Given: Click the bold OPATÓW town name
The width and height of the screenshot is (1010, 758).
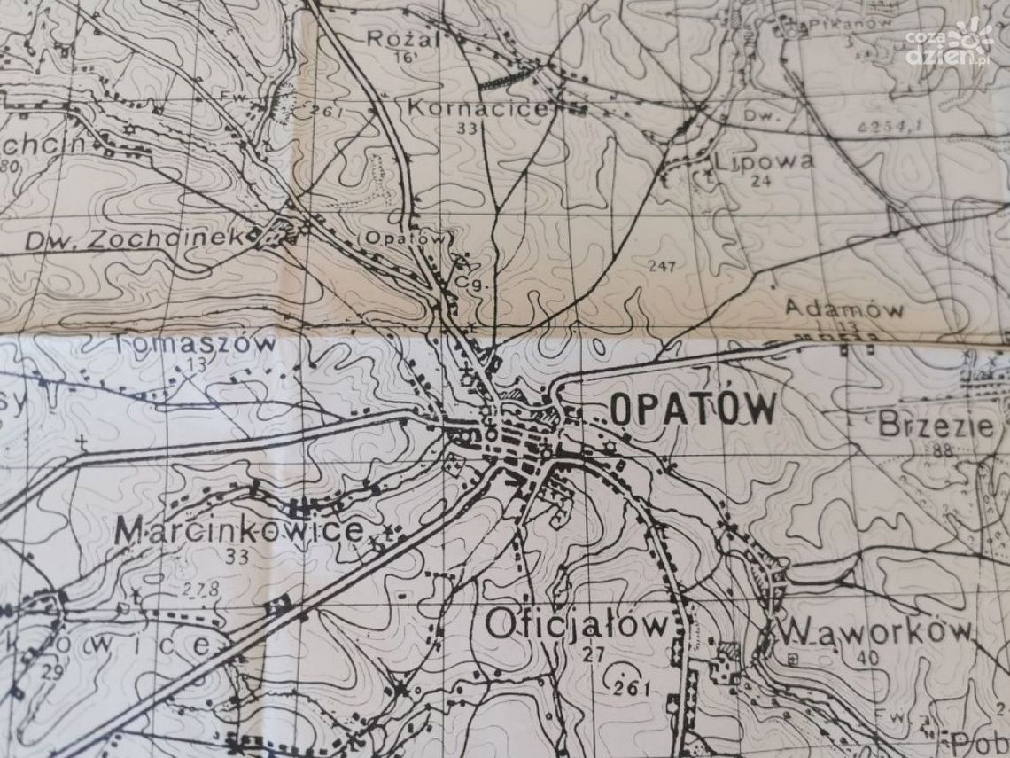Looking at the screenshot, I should pyautogui.click(x=693, y=410).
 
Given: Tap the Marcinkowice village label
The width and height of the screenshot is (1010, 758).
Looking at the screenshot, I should pyautogui.click(x=239, y=530).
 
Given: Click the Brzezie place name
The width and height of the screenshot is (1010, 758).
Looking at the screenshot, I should pyautogui.click(x=936, y=426).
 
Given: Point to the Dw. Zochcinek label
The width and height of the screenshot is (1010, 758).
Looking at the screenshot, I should pyautogui.click(x=134, y=238).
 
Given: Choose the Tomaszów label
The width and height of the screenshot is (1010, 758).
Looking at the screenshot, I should pyautogui.click(x=197, y=344).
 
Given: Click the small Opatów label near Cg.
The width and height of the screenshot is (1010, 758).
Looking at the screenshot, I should pyautogui.click(x=408, y=239).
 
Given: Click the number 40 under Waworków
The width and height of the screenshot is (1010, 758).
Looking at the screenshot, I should pyautogui.click(x=867, y=658).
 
